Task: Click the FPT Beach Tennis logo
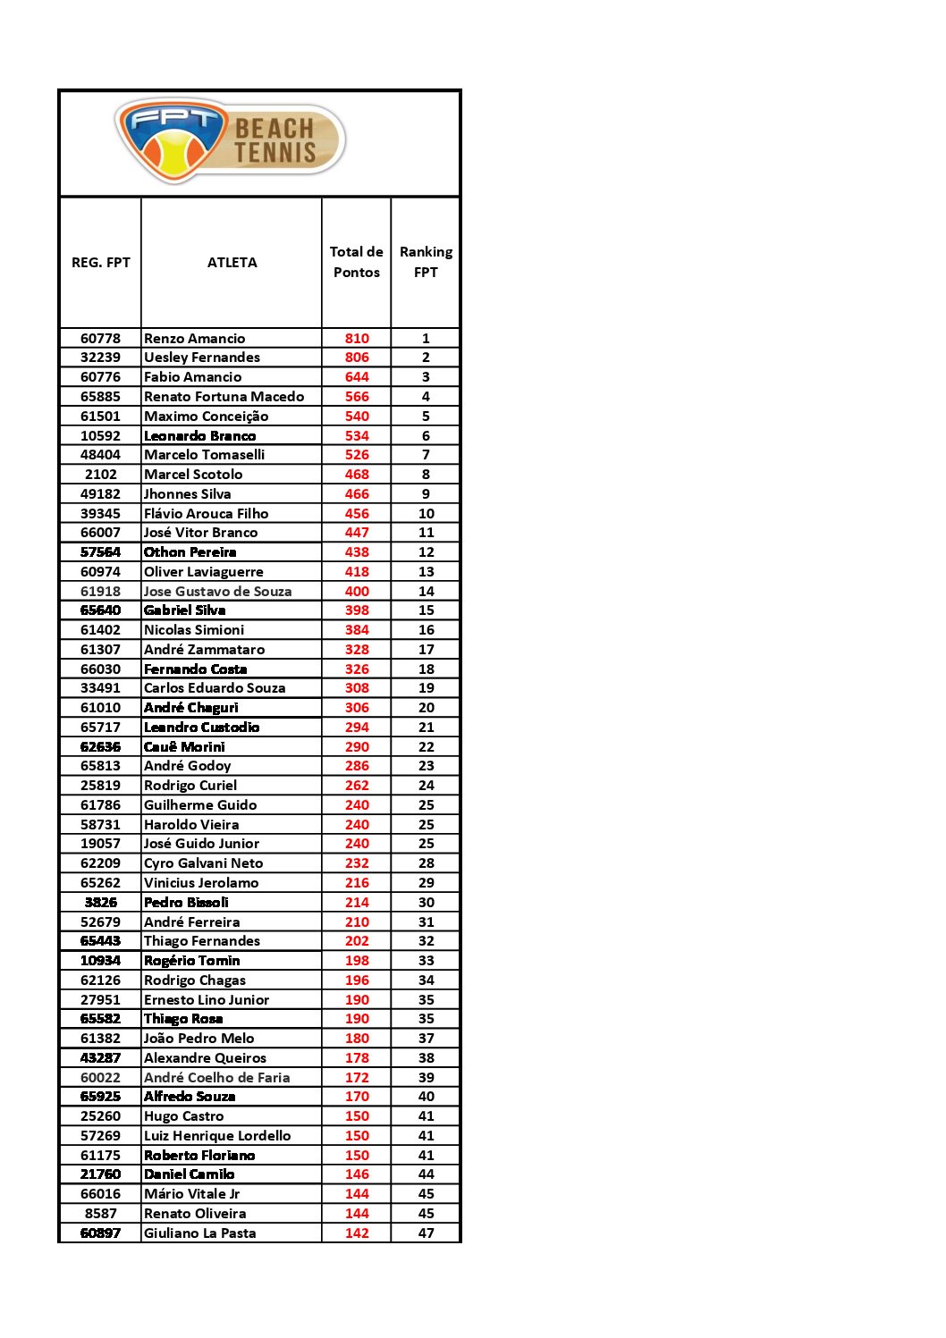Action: tap(230, 140)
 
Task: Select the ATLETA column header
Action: tap(232, 262)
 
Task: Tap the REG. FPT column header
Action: tap(100, 262)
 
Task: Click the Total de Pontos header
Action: tap(356, 262)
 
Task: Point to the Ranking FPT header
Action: tap(426, 262)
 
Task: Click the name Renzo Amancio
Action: tap(194, 338)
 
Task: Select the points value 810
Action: tap(357, 338)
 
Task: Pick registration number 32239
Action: tap(100, 358)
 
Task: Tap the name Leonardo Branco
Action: tap(199, 435)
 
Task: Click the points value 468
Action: tap(357, 475)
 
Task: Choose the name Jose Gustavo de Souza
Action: tap(217, 591)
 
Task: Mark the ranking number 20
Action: tap(426, 708)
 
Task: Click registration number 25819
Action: tap(100, 786)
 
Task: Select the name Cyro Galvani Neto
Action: tap(203, 863)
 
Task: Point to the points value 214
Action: tap(357, 903)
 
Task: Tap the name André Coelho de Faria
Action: tap(216, 1077)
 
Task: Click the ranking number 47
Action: tap(426, 1233)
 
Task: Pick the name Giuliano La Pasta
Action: tap(199, 1233)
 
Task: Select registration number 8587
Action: tap(100, 1213)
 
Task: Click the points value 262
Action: tap(357, 786)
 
